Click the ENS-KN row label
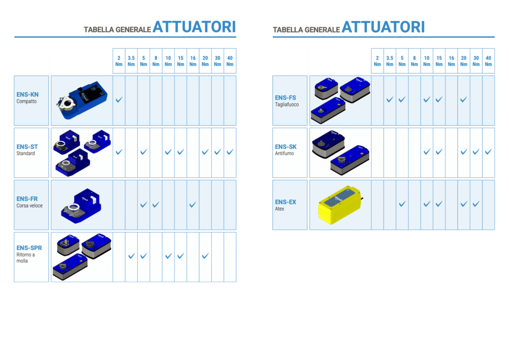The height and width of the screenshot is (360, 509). point(28,94)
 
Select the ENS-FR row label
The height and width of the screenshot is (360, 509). point(27,199)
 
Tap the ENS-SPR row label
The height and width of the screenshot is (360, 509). point(29,248)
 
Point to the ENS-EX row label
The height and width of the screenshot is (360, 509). point(286,202)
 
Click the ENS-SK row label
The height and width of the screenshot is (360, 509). point(286,147)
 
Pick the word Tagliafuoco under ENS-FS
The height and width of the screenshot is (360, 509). point(287,104)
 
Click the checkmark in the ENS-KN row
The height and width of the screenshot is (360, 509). point(119,99)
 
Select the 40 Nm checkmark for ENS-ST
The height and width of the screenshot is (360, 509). point(230,152)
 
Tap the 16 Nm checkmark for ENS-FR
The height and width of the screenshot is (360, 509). point(193,204)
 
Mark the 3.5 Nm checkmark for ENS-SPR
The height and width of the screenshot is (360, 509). point(131,256)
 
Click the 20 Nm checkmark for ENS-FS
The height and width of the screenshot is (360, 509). point(464,99)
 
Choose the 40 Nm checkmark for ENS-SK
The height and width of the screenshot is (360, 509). point(488,152)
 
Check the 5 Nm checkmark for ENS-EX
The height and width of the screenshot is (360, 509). point(402,204)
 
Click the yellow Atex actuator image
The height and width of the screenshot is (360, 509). point(340,205)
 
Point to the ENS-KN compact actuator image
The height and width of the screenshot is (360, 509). point(82,100)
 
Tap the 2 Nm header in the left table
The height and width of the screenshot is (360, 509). point(119,61)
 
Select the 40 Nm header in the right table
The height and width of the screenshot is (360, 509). point(488,61)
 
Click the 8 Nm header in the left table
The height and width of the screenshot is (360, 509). point(156,61)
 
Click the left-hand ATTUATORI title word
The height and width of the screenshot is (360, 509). point(194,27)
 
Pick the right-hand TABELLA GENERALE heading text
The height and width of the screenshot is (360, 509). point(306,30)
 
